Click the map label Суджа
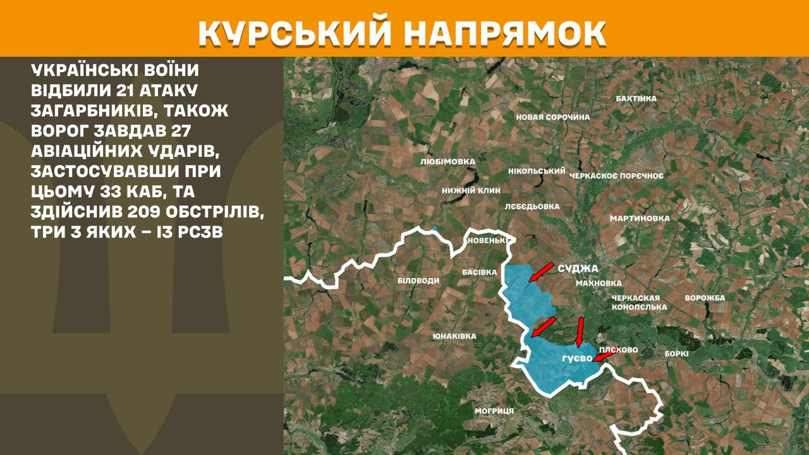coord(577,269)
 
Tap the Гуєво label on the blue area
coord(576,358)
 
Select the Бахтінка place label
coord(636,99)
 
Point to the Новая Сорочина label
coord(552,117)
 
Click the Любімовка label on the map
coord(447,162)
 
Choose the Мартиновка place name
coord(639,219)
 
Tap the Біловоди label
coord(418,280)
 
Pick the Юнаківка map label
coord(454,336)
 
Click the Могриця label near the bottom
coord(494,411)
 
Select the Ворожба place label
coord(705,298)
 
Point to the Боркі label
coord(676,354)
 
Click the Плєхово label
coord(619,349)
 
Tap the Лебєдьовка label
coord(532,206)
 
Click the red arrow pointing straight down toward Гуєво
coord(580,332)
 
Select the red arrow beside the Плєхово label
coord(603,356)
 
